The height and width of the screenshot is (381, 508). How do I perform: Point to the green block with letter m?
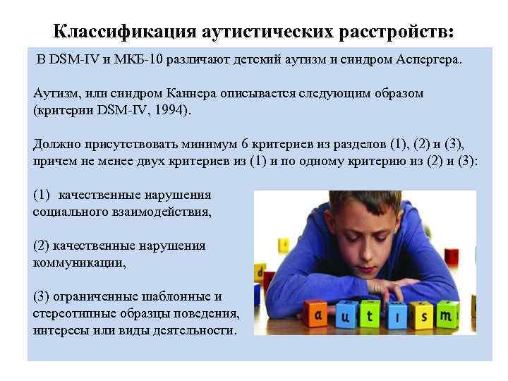pyautogui.click(x=446, y=316)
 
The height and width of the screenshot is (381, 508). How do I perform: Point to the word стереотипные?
pyautogui.click(x=74, y=313)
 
